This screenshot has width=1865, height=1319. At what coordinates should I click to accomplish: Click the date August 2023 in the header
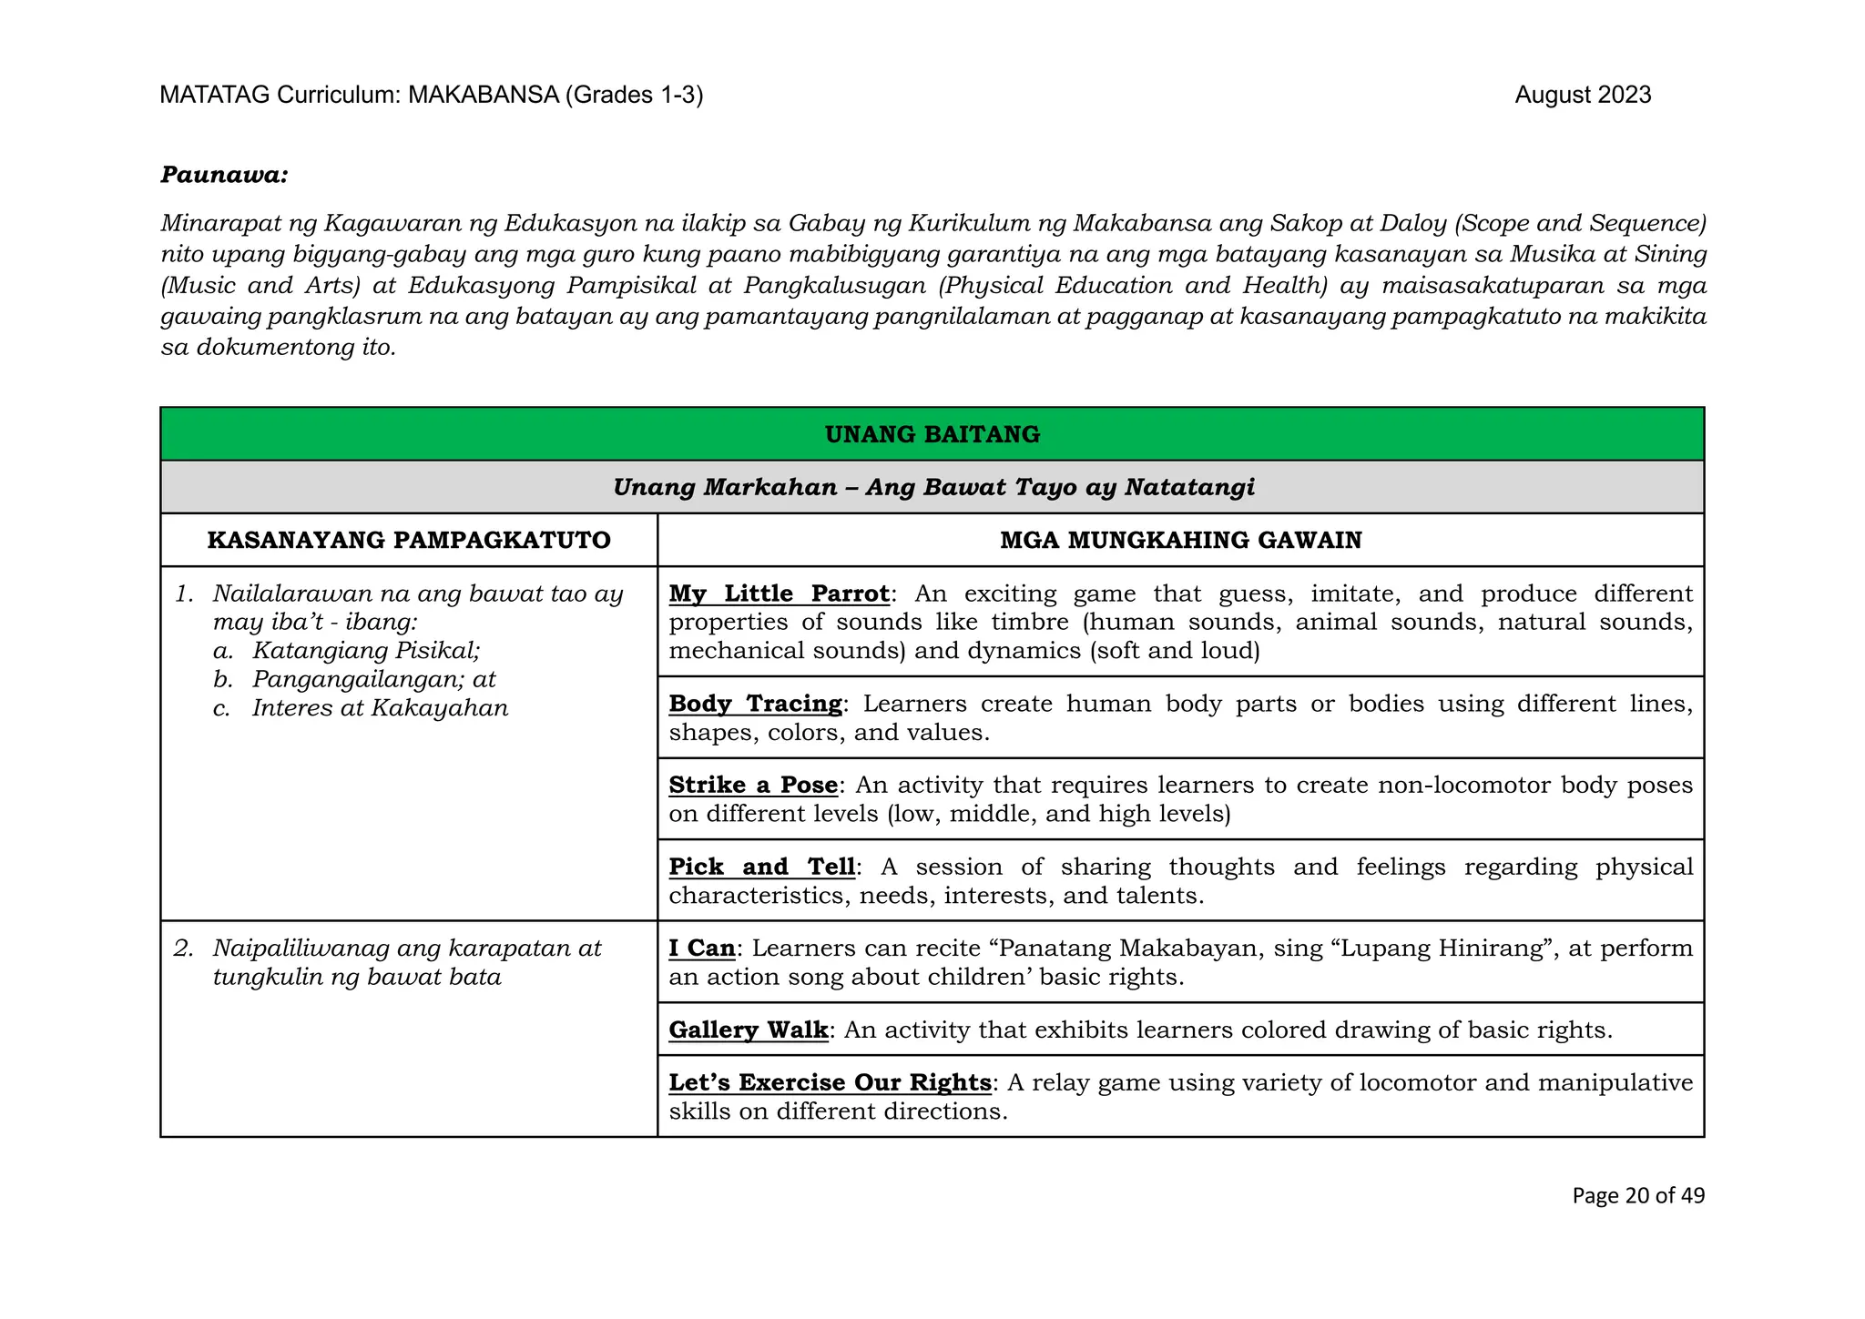coord(1582,96)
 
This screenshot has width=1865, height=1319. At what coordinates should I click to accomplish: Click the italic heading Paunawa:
coord(224,175)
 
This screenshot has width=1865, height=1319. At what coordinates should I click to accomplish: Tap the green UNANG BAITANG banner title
coord(932,434)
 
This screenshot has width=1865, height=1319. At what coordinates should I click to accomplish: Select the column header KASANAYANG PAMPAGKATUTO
coord(409,541)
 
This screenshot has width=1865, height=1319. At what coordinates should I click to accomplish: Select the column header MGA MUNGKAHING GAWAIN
coord(1180,541)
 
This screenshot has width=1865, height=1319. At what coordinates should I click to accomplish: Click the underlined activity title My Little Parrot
coord(779,594)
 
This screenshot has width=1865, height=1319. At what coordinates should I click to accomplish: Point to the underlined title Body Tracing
coord(755,705)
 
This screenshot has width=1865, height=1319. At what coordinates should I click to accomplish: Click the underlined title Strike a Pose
coord(753,786)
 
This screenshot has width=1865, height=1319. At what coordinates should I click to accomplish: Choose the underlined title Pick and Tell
coord(761,867)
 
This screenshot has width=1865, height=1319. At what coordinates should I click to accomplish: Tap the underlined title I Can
coord(701,949)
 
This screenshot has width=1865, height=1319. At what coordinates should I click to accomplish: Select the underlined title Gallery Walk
coord(748,1030)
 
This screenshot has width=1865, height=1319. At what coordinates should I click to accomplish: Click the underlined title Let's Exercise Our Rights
coord(830,1083)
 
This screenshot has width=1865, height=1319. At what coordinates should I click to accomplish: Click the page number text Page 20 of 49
coord(1637,1196)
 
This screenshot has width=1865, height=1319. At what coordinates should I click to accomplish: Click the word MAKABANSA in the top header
coord(483,96)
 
